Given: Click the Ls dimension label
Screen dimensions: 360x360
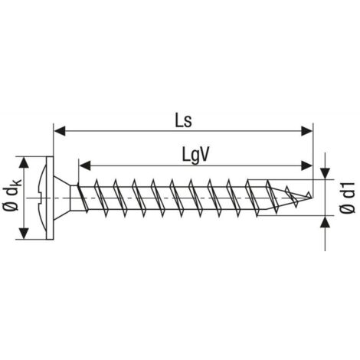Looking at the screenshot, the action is (183, 120).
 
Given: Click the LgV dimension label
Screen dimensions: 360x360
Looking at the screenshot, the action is (195, 155).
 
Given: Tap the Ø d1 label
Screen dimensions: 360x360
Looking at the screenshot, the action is (348, 198).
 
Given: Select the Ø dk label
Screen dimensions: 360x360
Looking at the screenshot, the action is (12, 195).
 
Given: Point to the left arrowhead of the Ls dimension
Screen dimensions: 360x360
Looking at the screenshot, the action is (60, 131).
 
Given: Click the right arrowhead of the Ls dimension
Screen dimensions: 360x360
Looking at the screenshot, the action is (306, 131).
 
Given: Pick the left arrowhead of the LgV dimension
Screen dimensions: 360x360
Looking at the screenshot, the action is (85, 165).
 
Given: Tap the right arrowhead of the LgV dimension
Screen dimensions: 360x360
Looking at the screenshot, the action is (306, 165).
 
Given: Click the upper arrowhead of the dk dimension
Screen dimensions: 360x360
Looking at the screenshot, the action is (24, 162).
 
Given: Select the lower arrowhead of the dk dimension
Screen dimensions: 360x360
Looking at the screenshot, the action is (24, 234).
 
